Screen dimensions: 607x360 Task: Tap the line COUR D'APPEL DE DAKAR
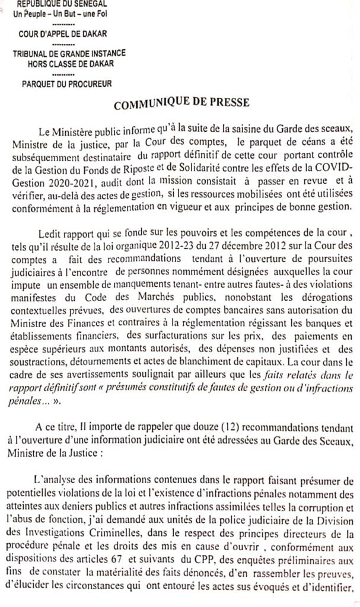coord(62,34)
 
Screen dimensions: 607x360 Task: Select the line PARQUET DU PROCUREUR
coord(62,84)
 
